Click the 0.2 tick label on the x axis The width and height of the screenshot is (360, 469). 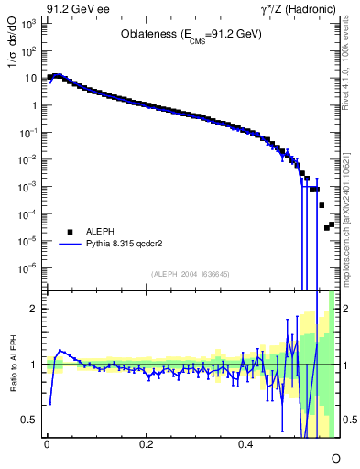coord(146,443)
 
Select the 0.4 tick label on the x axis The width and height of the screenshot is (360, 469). coord(245,443)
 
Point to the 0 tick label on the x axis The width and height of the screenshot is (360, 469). coord(47,443)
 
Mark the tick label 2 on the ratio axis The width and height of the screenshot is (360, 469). coord(35,309)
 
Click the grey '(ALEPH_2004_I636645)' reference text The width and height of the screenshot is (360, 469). coord(190,274)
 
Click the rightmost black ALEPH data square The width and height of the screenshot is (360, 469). coord(331,224)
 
